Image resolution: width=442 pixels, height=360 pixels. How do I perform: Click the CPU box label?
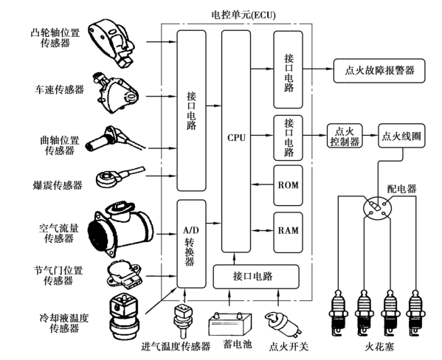pyautogui.click(x=237, y=138)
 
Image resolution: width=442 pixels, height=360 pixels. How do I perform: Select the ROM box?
pyautogui.click(x=288, y=185)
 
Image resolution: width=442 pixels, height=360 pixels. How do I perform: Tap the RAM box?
pyautogui.click(x=288, y=232)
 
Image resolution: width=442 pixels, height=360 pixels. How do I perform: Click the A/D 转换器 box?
pyautogui.click(x=191, y=244)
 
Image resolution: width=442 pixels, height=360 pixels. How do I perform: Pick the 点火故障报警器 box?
pyautogui.click(x=379, y=71)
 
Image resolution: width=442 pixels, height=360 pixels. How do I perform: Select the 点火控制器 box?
pyautogui.click(x=345, y=136)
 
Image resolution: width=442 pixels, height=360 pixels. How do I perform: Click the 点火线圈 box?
pyautogui.click(x=401, y=136)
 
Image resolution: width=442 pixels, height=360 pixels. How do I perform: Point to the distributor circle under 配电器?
pyautogui.click(x=378, y=208)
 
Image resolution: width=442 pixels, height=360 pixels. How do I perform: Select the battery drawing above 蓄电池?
pyautogui.click(x=229, y=324)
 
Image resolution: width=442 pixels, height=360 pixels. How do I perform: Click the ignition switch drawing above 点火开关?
pyautogui.click(x=283, y=324)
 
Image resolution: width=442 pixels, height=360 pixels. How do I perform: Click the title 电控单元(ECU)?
pyautogui.click(x=244, y=15)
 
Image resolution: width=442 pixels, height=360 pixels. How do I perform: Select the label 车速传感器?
pyautogui.click(x=59, y=90)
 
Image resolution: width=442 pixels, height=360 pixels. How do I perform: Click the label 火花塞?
pyautogui.click(x=379, y=347)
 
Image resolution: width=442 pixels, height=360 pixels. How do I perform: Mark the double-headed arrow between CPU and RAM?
pyautogui.click(x=262, y=231)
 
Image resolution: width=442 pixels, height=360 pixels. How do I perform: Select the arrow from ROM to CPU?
pyautogui.click(x=262, y=184)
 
